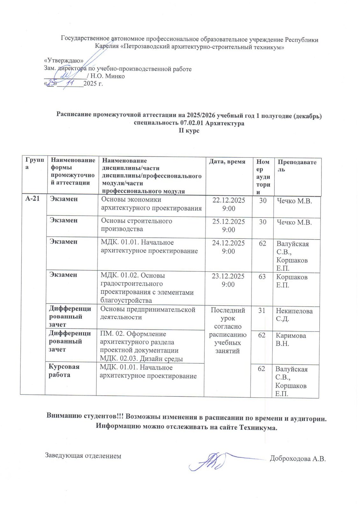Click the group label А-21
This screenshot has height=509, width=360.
click(32, 199)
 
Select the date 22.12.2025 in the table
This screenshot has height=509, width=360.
click(229, 200)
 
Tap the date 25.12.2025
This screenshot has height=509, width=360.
click(229, 222)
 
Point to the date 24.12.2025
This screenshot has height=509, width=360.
click(228, 243)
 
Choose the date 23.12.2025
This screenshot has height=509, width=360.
click(228, 276)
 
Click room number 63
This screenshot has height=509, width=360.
click(262, 277)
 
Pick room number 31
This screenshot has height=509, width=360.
click(262, 310)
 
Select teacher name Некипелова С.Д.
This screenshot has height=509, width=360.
click(294, 315)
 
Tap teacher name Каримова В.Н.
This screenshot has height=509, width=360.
click(291, 339)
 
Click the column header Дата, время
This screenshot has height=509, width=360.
click(227, 162)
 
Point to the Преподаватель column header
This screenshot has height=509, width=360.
click(297, 166)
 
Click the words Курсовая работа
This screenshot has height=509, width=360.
click(64, 371)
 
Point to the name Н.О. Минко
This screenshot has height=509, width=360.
click(107, 76)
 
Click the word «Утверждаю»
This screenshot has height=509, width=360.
click(63, 61)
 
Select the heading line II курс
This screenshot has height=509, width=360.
click(189, 131)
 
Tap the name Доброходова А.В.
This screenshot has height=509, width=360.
click(298, 459)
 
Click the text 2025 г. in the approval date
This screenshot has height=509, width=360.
click(93, 84)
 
